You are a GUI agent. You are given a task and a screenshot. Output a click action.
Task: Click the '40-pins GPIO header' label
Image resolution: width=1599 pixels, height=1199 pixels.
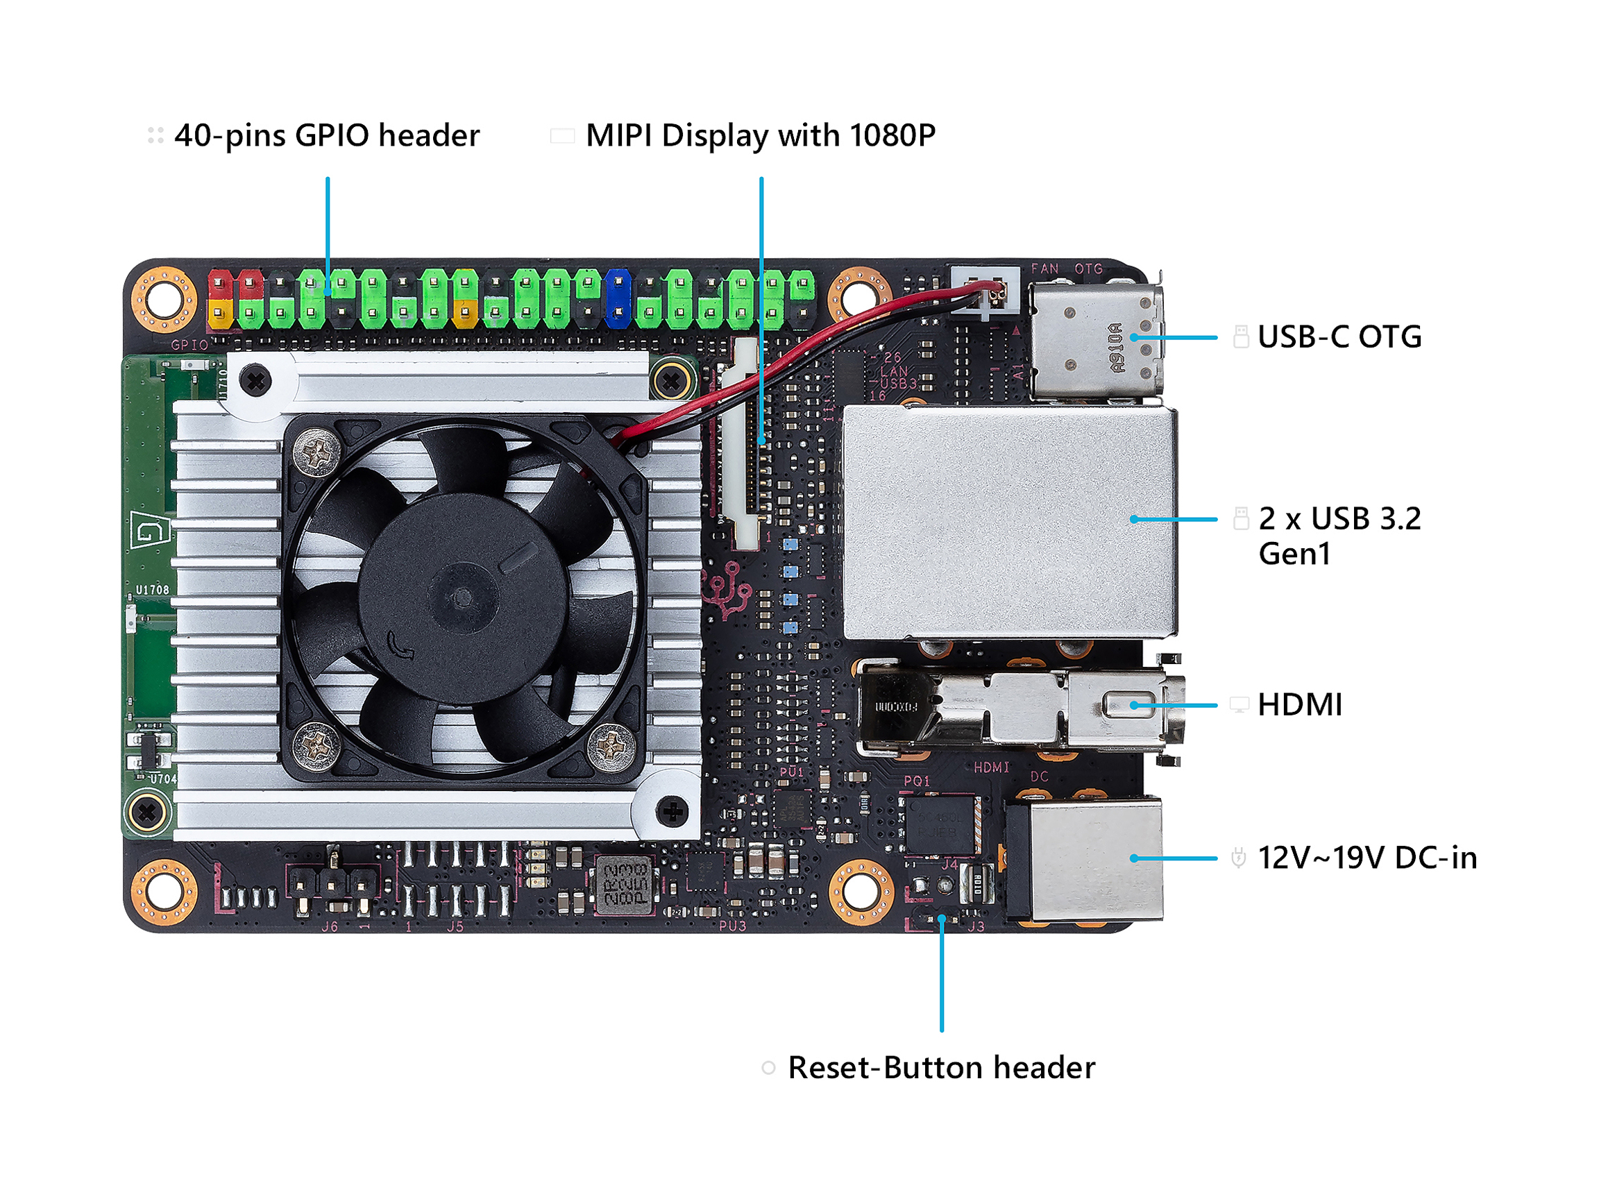[327, 136]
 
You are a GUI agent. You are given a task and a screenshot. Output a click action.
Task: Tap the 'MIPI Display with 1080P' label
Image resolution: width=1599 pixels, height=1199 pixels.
[760, 136]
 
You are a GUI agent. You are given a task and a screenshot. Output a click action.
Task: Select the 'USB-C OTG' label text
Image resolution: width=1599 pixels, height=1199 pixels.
[1339, 337]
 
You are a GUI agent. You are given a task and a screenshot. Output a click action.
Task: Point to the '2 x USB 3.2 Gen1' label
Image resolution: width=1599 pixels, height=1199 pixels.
[1339, 536]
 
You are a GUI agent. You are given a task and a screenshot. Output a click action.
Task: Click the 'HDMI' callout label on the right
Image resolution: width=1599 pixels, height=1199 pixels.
[1300, 705]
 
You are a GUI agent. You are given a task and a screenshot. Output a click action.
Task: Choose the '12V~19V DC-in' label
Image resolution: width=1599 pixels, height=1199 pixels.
[1367, 858]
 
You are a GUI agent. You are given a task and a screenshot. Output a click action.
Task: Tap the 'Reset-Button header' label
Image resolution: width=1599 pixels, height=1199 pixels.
[941, 1067]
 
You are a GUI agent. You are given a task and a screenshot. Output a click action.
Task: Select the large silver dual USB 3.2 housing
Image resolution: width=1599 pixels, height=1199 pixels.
[1010, 522]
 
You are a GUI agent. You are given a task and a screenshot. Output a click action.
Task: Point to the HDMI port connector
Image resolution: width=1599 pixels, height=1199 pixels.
[1020, 708]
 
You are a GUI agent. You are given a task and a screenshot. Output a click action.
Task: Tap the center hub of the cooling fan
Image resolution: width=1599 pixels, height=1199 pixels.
[463, 597]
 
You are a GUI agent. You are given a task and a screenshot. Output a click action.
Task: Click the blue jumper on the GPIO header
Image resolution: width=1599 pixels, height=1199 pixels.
[618, 298]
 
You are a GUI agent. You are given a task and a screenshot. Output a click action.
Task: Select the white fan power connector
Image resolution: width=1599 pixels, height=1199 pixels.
[985, 291]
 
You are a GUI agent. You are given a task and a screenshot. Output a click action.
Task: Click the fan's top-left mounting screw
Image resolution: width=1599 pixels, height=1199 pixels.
[316, 452]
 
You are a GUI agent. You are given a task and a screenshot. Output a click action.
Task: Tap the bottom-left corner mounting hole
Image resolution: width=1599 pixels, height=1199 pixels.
[164, 892]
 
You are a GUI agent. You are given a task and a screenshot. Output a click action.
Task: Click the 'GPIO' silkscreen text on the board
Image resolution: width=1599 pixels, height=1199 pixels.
[189, 346]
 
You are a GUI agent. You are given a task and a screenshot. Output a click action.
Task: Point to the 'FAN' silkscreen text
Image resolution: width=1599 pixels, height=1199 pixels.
[1044, 269]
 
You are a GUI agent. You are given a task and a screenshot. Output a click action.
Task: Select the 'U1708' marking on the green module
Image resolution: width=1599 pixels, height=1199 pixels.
[153, 590]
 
